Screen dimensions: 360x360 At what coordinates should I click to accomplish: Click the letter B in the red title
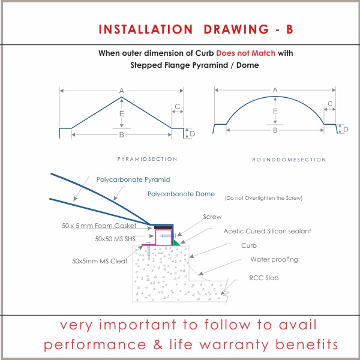click(290, 29)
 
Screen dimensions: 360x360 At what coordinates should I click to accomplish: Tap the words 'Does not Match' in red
click(245, 53)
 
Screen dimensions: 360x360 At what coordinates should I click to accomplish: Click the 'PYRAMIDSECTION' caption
click(147, 159)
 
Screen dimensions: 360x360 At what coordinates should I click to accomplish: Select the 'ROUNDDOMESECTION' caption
click(289, 160)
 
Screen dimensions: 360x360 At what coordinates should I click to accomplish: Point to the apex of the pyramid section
click(121, 97)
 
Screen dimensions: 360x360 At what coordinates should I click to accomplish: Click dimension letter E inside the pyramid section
click(121, 113)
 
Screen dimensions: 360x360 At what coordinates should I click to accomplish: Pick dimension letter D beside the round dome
click(346, 130)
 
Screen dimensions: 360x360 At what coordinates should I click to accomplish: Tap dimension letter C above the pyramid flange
click(177, 107)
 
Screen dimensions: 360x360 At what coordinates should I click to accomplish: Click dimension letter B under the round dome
click(275, 130)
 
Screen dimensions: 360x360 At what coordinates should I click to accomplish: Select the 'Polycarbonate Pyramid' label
click(133, 179)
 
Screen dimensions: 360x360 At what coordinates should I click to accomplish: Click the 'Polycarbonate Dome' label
click(181, 194)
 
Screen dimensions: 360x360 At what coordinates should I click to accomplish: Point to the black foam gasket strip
click(163, 227)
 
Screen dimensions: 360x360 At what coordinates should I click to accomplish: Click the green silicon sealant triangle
click(176, 243)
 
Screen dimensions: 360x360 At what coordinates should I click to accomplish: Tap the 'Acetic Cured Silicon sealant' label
click(267, 231)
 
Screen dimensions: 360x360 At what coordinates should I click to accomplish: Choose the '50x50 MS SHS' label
click(115, 239)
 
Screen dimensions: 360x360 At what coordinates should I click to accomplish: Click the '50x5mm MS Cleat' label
click(100, 261)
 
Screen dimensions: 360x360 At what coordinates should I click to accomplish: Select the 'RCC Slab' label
click(264, 278)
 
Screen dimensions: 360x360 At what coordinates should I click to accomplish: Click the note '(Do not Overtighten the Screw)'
click(263, 198)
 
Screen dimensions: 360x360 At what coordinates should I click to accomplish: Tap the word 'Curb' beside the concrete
click(249, 245)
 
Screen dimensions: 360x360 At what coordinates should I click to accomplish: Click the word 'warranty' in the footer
click(235, 344)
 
